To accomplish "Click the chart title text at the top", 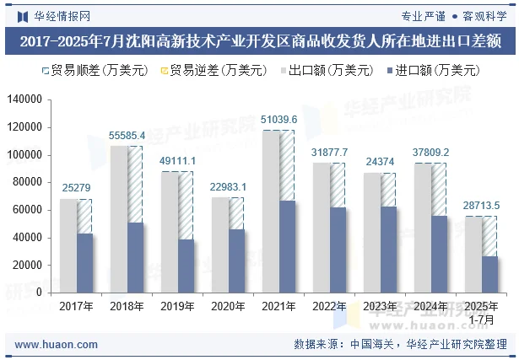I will click(x=259, y=40).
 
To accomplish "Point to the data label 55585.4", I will click(x=127, y=135).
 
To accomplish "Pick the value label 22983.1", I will click(x=229, y=186).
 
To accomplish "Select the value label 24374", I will click(x=380, y=162).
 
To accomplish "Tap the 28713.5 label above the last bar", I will click(x=482, y=206).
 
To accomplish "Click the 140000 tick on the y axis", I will click(x=24, y=99).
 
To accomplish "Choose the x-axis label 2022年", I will click(x=329, y=306).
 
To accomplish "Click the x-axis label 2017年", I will click(x=76, y=306).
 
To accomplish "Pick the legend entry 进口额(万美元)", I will click(x=431, y=71).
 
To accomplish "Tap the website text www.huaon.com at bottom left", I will click(x=57, y=345).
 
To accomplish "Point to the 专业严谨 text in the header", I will click(x=423, y=15).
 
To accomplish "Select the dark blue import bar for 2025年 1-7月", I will click(x=489, y=274).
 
